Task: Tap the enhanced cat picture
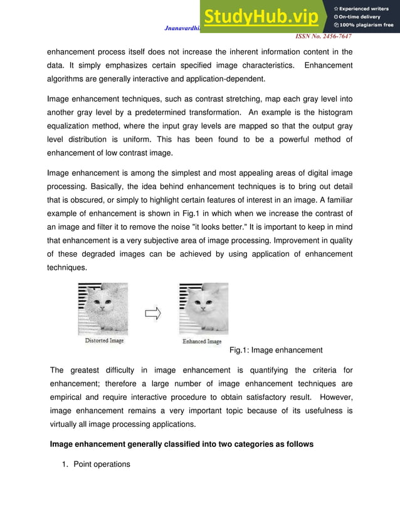[203, 310]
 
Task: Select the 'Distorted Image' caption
[104, 340]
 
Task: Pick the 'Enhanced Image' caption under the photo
[202, 342]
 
